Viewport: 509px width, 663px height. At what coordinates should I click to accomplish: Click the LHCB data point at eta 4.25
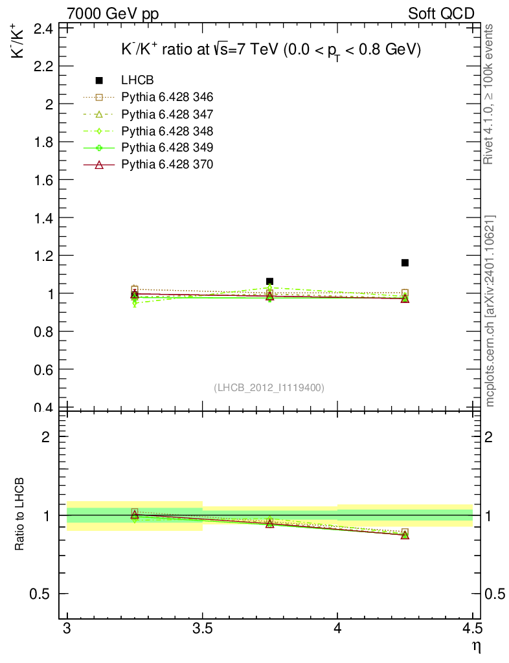pyautogui.click(x=405, y=263)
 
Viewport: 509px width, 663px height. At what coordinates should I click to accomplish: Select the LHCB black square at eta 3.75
pyautogui.click(x=269, y=282)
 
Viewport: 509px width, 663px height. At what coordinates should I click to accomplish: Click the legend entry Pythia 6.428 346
pyautogui.click(x=167, y=97)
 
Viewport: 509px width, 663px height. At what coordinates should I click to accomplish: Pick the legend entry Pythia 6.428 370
pyautogui.click(x=167, y=164)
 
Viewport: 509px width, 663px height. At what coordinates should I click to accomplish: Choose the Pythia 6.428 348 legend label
pyautogui.click(x=167, y=131)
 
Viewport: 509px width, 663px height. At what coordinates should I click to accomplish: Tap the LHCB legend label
pyautogui.click(x=137, y=80)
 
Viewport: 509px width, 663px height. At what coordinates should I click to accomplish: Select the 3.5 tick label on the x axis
pyautogui.click(x=203, y=629)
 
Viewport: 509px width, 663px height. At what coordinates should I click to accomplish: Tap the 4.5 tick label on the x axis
pyautogui.click(x=472, y=629)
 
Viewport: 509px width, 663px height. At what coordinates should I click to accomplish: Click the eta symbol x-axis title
pyautogui.click(x=475, y=646)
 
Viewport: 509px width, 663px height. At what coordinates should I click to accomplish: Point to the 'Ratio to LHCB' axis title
pyautogui.click(x=20, y=515)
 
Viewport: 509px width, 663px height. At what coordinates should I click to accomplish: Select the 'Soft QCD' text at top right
pyautogui.click(x=441, y=13)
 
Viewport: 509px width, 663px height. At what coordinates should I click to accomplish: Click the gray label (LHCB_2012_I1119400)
pyautogui.click(x=269, y=387)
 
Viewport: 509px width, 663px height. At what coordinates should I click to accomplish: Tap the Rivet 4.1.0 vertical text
pyautogui.click(x=489, y=94)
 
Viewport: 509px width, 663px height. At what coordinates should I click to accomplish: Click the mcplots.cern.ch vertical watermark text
pyautogui.click(x=490, y=311)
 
